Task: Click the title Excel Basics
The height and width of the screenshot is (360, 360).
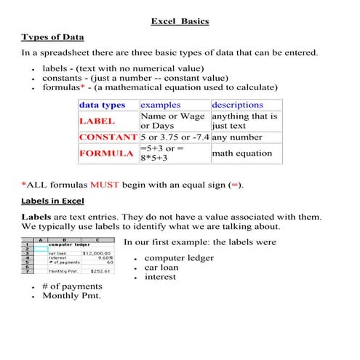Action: (180, 21)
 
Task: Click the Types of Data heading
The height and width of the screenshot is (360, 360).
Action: (52, 37)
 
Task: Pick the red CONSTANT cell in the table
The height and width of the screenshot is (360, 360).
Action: (108, 137)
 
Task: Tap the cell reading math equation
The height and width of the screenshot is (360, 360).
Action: (242, 153)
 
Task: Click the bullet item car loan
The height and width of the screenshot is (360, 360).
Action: (163, 267)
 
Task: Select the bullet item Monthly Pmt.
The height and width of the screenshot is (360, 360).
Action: (71, 296)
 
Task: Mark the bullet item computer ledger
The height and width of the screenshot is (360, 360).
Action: (179, 257)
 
